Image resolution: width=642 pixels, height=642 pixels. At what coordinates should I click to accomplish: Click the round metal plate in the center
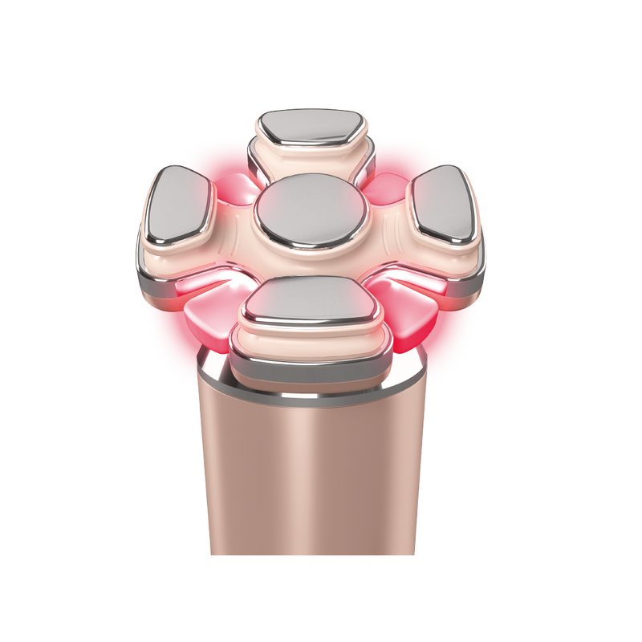(x=311, y=211)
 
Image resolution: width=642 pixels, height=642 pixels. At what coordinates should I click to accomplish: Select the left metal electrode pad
(x=179, y=202)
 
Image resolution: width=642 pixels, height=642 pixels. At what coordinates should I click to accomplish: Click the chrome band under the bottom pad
(x=309, y=366)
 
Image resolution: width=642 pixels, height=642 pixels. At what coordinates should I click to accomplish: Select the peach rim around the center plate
(x=311, y=255)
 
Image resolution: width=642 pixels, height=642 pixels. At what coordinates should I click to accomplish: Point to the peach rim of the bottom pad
(x=309, y=341)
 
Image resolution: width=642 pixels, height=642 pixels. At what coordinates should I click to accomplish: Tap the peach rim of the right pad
(x=449, y=255)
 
